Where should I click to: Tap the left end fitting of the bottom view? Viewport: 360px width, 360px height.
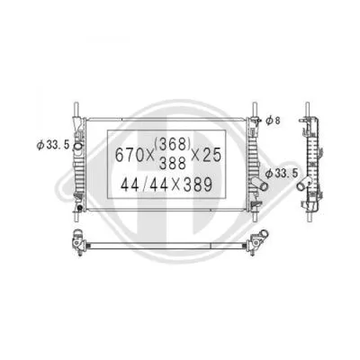79,242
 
